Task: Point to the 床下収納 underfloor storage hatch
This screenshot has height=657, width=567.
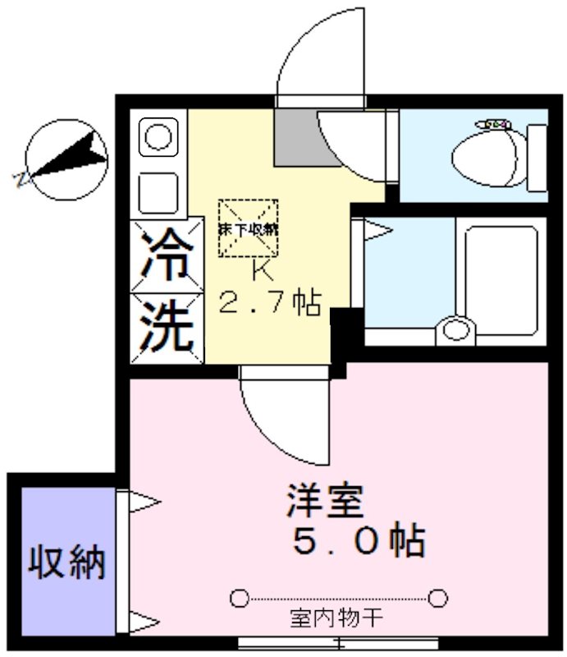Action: point(248,229)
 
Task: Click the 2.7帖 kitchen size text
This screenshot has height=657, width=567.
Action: point(268,306)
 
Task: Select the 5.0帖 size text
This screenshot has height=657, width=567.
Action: point(359,542)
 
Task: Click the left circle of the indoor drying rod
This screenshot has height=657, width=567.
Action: point(239,597)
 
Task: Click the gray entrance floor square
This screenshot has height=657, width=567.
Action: point(296,136)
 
